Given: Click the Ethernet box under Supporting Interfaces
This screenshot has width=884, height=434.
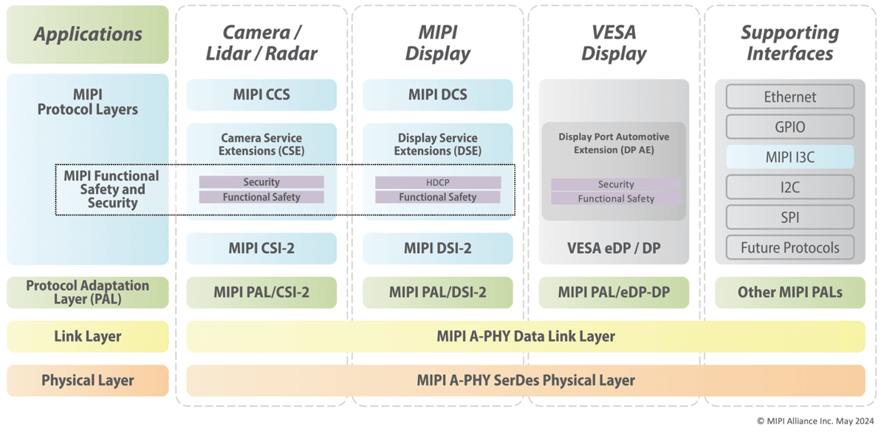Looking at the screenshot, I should (x=789, y=97).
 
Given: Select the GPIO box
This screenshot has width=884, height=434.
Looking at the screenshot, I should (x=789, y=127).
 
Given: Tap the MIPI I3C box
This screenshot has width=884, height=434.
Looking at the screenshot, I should (x=789, y=156).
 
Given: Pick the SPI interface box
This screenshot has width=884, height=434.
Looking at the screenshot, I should (x=789, y=217).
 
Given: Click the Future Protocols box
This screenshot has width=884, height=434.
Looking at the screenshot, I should (x=789, y=247).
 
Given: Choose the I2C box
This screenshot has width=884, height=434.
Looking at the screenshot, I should (x=789, y=187).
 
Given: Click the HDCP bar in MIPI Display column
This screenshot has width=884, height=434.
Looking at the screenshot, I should (x=437, y=182).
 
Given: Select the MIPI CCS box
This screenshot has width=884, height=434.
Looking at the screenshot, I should (x=261, y=94).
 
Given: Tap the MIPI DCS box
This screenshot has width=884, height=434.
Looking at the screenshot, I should (x=437, y=94).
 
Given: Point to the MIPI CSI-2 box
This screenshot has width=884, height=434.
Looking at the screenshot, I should (x=261, y=248).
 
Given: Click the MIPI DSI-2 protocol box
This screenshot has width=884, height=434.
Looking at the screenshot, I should (x=437, y=248).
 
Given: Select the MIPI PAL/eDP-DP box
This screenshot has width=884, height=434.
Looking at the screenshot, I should (x=614, y=292).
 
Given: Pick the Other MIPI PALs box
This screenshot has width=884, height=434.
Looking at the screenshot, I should (x=789, y=292).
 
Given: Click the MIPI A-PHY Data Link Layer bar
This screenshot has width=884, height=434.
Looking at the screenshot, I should (x=525, y=336).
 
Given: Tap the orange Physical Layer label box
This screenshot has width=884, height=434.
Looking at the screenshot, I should (x=87, y=381).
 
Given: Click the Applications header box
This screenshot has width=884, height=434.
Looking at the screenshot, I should (x=87, y=34).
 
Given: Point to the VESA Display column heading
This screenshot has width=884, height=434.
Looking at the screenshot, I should (x=614, y=43).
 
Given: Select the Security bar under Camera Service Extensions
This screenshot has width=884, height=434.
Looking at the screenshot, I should (x=261, y=182).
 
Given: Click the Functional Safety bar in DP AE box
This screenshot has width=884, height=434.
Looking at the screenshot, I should (x=615, y=199).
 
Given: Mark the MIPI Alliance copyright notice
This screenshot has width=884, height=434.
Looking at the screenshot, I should (x=815, y=421).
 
